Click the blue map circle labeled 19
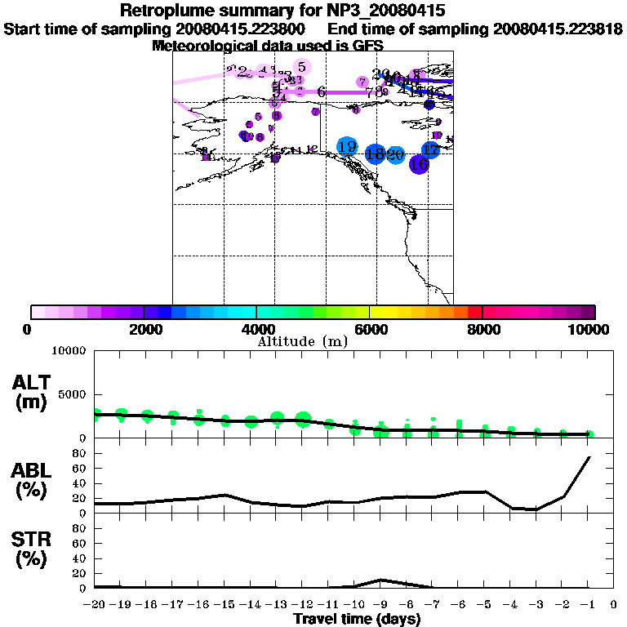click(347, 147)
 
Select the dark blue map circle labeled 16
click(419, 163)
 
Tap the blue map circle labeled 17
click(430, 150)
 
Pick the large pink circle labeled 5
click(302, 67)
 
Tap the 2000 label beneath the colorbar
click(144, 329)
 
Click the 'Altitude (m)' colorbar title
click(302, 341)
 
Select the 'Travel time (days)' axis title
click(357, 620)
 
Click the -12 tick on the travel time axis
click(303, 605)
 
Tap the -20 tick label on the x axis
click(96, 605)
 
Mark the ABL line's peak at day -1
click(589, 457)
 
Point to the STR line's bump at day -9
click(381, 580)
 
